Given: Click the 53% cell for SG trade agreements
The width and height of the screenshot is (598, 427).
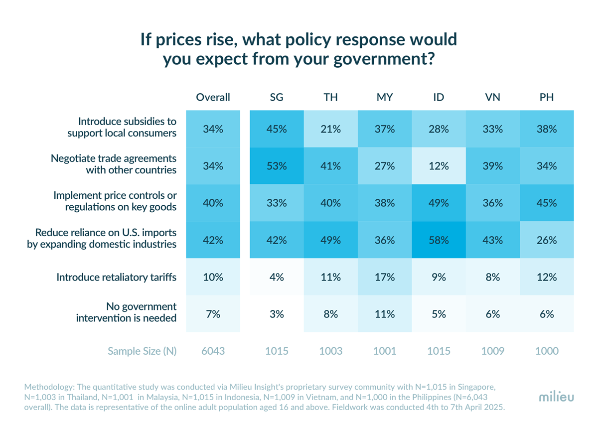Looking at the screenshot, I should click(x=277, y=166).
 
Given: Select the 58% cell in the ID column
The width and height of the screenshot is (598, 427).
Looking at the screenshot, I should click(x=439, y=240).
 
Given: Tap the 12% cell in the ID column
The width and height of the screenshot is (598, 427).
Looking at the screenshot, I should click(x=439, y=166).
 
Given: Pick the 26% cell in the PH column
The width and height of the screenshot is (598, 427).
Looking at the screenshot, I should click(x=547, y=240).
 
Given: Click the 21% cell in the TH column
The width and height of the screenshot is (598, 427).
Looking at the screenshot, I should click(x=331, y=129).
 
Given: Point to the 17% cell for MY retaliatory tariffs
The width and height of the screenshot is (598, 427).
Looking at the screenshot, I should click(x=385, y=277).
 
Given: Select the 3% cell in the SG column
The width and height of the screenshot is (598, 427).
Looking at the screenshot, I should click(x=277, y=314).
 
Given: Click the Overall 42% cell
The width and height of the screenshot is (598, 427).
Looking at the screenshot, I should click(x=213, y=240).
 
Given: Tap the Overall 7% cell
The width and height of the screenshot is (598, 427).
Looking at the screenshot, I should click(x=213, y=314).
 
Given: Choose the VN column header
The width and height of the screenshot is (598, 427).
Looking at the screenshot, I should click(x=492, y=98).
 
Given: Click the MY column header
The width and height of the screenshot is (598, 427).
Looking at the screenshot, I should click(x=385, y=98).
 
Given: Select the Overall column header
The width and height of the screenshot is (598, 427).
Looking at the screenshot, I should click(x=213, y=98).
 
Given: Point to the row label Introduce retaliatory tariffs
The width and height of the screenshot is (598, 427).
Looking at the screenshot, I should click(x=116, y=277).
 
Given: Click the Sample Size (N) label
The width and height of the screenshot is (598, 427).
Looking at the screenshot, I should click(x=142, y=351).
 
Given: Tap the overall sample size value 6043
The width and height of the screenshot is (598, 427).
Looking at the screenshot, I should click(x=213, y=351).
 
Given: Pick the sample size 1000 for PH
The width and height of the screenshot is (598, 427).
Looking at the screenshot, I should click(x=547, y=351).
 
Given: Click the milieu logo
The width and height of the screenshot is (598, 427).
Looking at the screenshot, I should click(x=556, y=397).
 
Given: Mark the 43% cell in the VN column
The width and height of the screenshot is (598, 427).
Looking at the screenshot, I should click(x=492, y=240).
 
